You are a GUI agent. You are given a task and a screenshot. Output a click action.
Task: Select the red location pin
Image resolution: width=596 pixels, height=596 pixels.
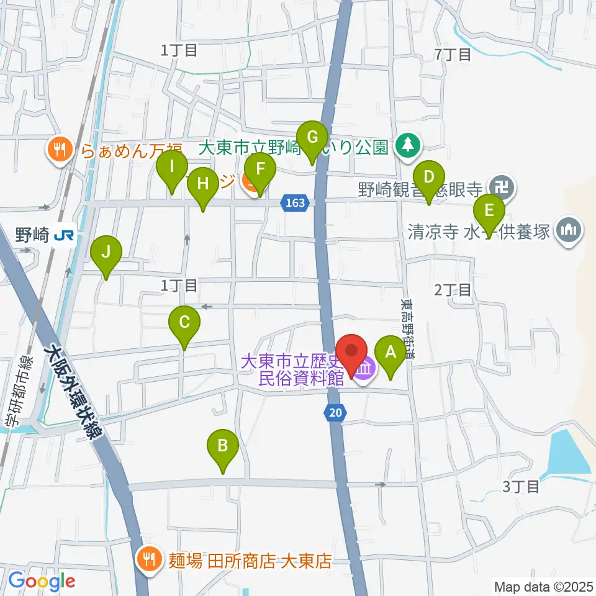(x=352, y=354)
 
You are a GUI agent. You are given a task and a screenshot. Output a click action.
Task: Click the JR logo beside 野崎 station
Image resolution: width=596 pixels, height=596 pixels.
(x=61, y=235)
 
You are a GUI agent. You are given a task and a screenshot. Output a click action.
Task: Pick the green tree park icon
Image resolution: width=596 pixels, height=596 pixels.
(x=407, y=147)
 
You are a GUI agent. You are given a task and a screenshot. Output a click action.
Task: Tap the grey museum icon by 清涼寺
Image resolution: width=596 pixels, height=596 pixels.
(x=569, y=232)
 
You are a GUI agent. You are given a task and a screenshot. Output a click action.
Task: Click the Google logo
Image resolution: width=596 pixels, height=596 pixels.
(x=42, y=581)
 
